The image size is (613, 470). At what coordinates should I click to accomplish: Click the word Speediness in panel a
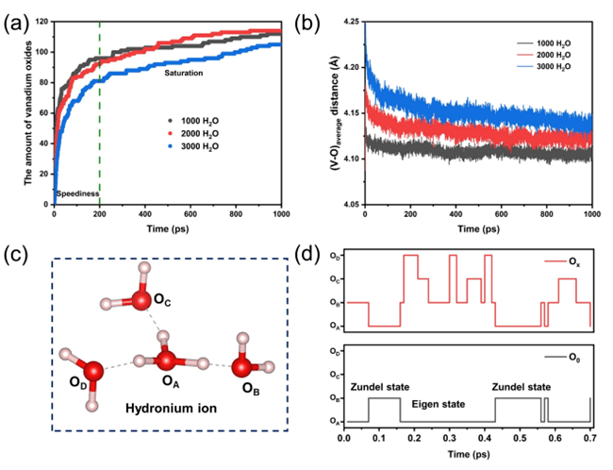point(78,193)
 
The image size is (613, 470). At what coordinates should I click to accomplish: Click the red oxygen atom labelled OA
point(167,361)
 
